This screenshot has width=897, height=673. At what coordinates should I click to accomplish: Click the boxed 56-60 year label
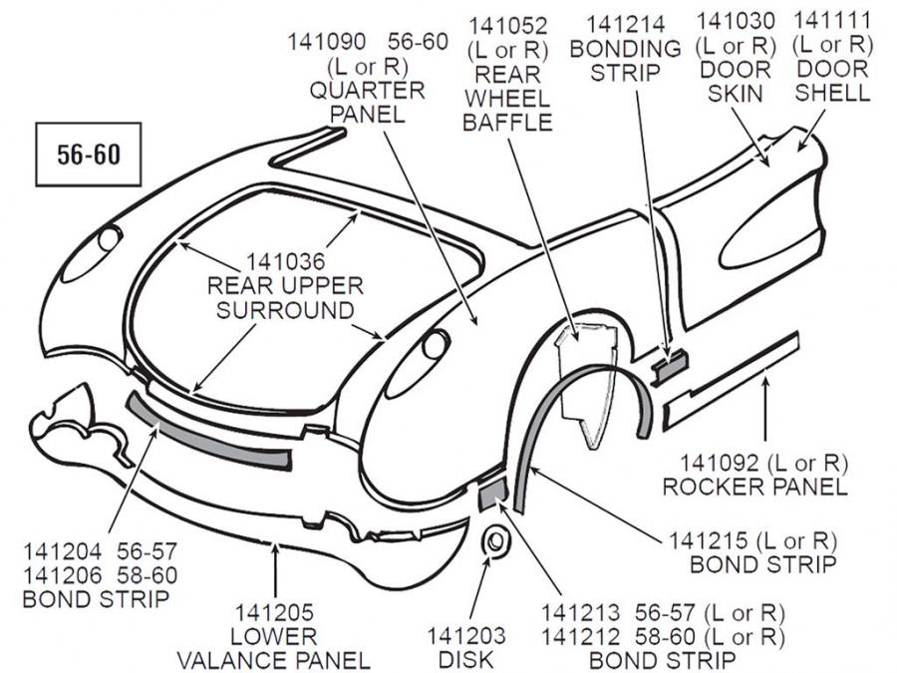coord(84,155)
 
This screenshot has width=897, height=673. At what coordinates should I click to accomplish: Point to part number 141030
coord(736,21)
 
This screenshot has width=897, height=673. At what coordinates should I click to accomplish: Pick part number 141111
coord(831,21)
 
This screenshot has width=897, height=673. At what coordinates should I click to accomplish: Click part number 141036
coord(286,262)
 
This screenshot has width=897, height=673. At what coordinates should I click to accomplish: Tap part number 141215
coord(711,541)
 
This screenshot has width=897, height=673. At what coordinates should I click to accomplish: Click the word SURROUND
coord(286,310)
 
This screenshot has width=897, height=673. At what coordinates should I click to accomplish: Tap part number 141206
coord(64,575)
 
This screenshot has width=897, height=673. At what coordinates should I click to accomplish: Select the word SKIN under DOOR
coord(736,94)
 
